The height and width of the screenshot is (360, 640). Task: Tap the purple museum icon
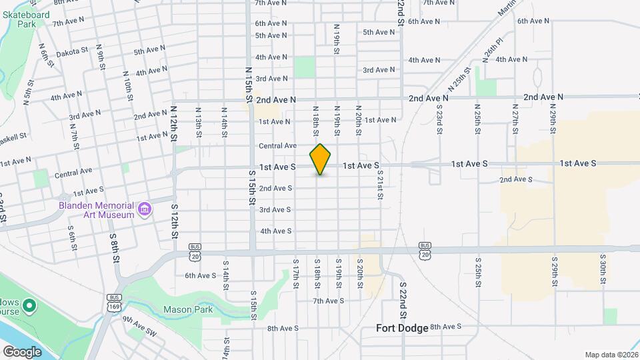pyautogui.click(x=143, y=211)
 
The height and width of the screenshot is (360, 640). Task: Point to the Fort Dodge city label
pyautogui.click(x=402, y=328)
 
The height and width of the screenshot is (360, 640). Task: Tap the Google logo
pyautogui.click(x=22, y=351)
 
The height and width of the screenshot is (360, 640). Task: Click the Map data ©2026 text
pyautogui.click(x=611, y=355)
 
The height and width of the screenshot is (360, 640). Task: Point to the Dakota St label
pyautogui.click(x=72, y=52)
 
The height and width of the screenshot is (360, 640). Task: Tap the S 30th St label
pyautogui.click(x=602, y=269)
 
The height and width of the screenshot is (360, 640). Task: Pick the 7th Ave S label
pyautogui.click(x=328, y=301)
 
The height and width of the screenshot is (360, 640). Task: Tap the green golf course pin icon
pyautogui.click(x=29, y=306)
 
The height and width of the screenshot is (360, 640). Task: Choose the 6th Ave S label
pyautogui.click(x=200, y=275)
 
